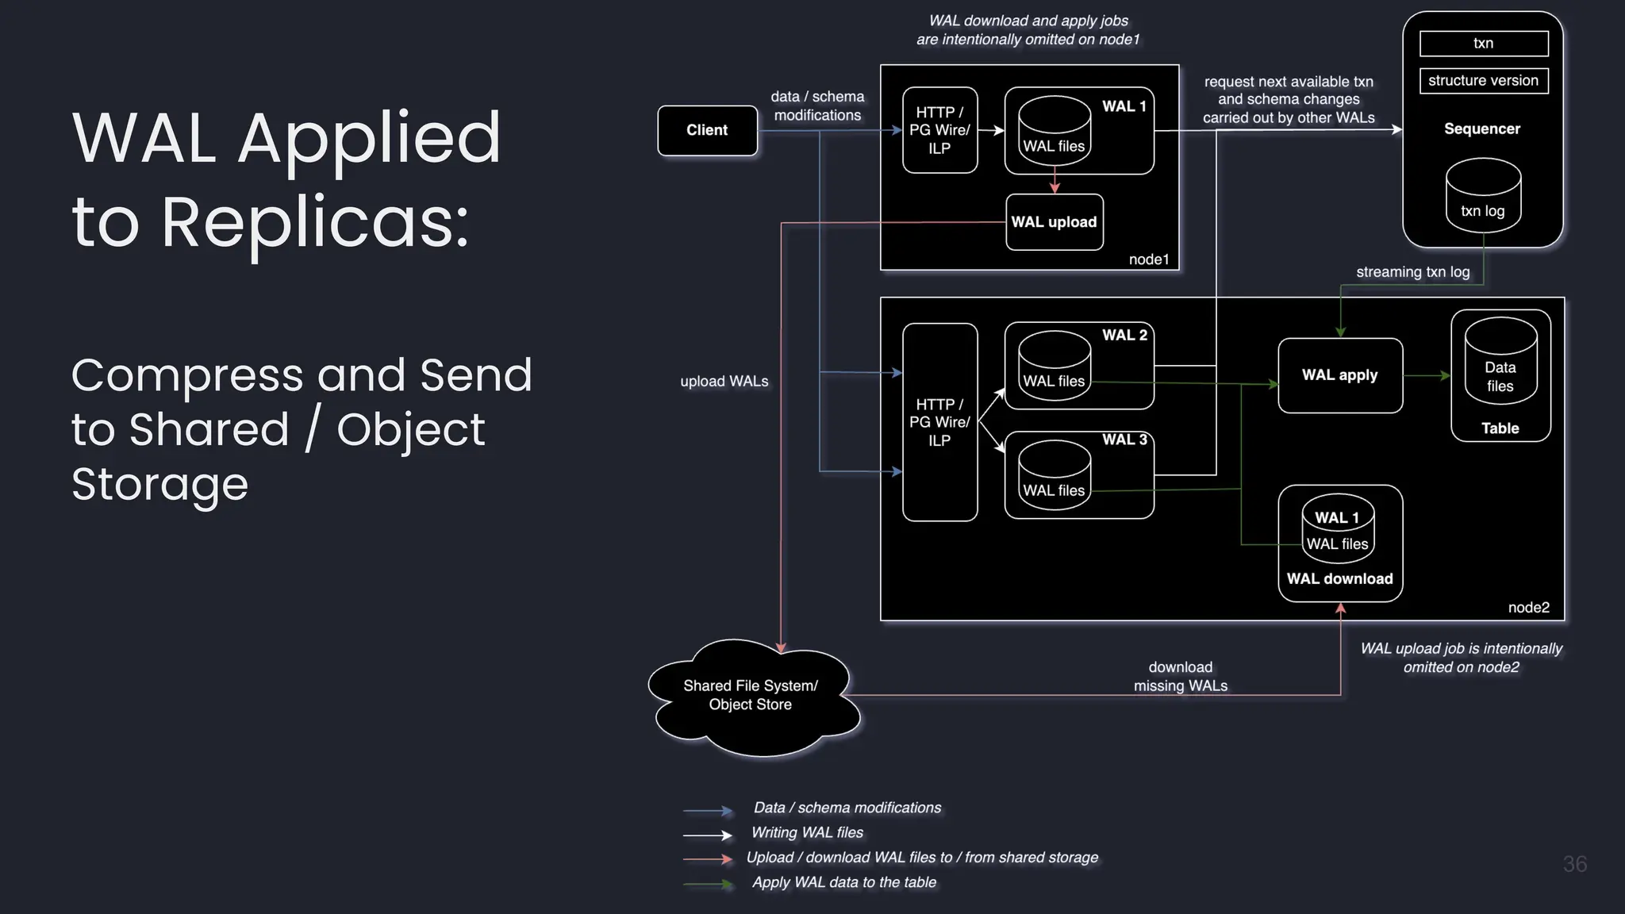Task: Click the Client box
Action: pos(707,130)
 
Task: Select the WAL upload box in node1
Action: pos(1054,222)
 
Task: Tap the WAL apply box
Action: pos(1339,375)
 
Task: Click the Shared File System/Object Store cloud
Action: pos(751,696)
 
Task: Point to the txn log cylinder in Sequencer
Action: pos(1483,197)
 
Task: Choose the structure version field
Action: pos(1483,81)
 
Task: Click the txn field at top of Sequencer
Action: pos(1483,44)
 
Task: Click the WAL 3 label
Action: pos(1124,440)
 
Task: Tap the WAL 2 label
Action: pos(1124,335)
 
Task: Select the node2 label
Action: pos(1528,608)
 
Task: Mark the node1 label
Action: pos(1149,259)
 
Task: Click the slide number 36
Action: pos(1574,864)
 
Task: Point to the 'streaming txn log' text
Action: pos(1412,272)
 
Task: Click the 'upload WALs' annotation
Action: pos(724,382)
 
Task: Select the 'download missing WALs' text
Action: pos(1180,677)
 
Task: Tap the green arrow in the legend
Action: pos(709,884)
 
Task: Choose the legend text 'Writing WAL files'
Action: pos(807,832)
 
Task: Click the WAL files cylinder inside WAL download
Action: pos(1337,533)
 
